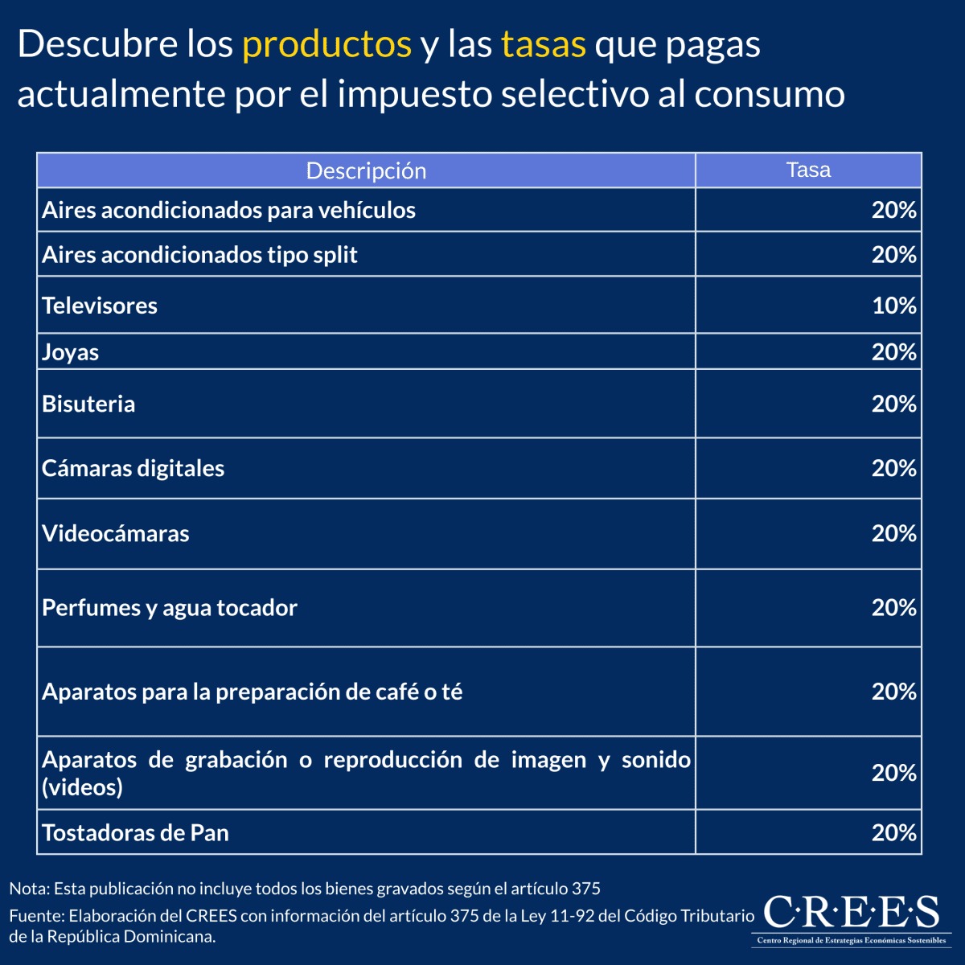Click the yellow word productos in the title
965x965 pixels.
(x=326, y=45)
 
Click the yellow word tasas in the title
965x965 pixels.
(x=543, y=45)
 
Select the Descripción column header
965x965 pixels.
(x=366, y=170)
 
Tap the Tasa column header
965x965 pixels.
(x=808, y=170)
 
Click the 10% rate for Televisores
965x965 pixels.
(x=893, y=306)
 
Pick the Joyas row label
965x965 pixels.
(x=71, y=352)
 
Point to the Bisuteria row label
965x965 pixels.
(x=88, y=404)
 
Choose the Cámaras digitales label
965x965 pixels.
(x=133, y=468)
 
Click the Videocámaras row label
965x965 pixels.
(x=116, y=534)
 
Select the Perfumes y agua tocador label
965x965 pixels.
(x=170, y=608)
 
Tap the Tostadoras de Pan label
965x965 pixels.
(x=135, y=832)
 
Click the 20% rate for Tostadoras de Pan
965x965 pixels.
(x=893, y=832)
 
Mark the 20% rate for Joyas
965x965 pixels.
(x=893, y=352)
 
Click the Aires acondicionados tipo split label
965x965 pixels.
(x=199, y=255)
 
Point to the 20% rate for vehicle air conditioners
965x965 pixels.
(x=893, y=211)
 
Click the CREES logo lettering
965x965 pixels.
(x=850, y=913)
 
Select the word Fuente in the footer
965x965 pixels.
(x=35, y=916)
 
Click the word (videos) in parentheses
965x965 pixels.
(x=82, y=786)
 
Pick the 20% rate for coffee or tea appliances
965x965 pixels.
(x=893, y=692)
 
